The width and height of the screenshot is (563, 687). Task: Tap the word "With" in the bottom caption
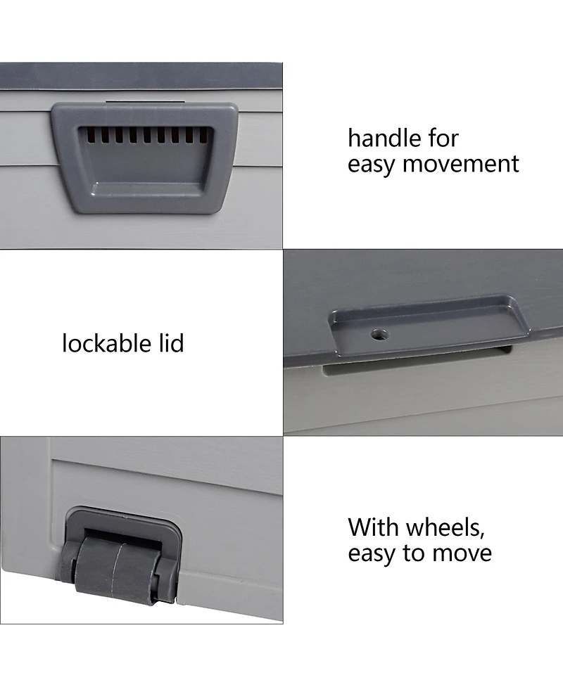(371, 527)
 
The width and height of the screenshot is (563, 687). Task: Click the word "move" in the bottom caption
(461, 553)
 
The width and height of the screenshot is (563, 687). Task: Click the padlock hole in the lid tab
(380, 335)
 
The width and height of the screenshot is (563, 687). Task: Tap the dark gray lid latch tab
(422, 324)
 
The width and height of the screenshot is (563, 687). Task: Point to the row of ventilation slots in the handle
(144, 135)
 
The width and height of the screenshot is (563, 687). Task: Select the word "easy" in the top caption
(372, 165)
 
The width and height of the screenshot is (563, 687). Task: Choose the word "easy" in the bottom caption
(372, 553)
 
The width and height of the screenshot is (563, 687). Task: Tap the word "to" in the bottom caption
(415, 553)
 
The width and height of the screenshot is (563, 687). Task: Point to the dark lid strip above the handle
(141, 76)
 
